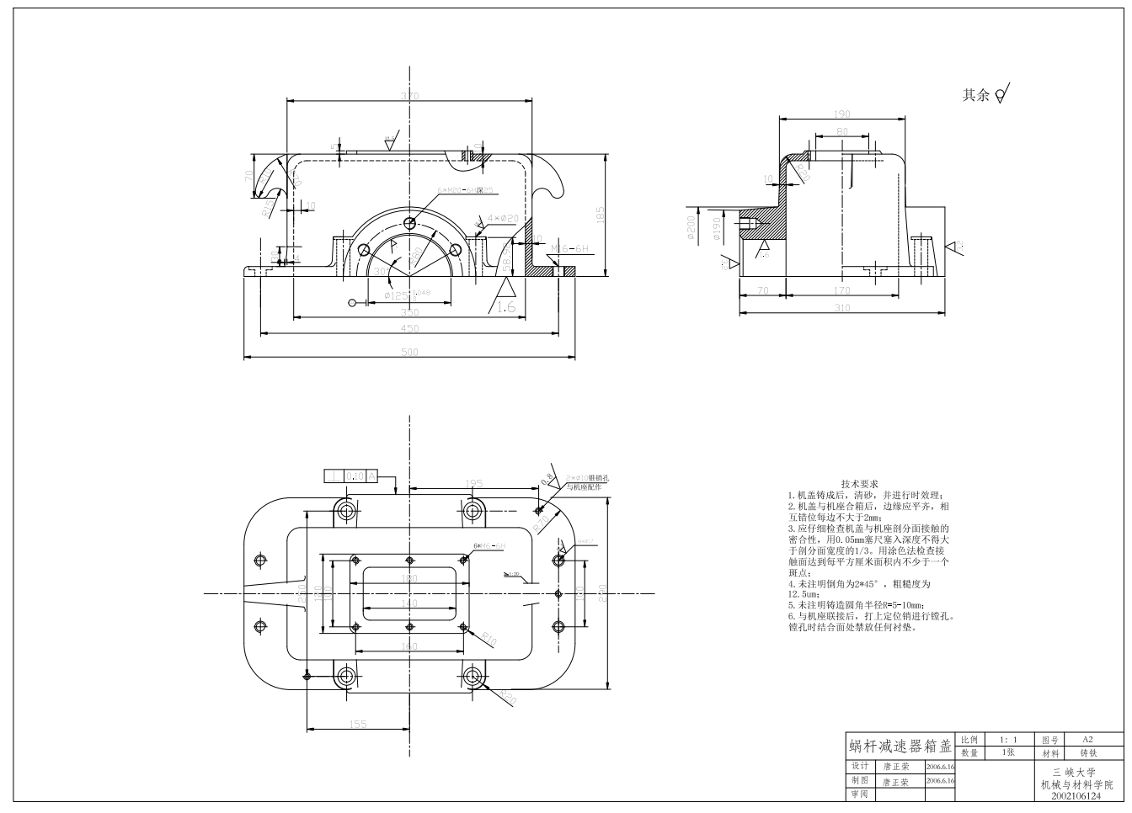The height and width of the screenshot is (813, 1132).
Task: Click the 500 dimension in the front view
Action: point(409,352)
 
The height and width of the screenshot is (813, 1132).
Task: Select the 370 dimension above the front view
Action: point(409,96)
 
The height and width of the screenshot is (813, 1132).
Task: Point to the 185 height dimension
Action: point(601,215)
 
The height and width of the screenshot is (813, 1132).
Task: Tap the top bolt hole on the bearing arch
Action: point(409,223)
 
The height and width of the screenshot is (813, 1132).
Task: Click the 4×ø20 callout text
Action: point(503,219)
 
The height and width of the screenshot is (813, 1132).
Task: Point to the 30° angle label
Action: point(382,271)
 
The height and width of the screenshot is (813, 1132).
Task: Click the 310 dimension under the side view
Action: point(842,308)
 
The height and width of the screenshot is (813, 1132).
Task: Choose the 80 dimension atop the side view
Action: point(842,131)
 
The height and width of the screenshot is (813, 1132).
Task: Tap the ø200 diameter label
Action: point(691,228)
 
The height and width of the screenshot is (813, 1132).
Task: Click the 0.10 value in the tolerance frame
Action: point(355,476)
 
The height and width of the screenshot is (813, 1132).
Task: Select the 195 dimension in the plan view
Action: point(474,483)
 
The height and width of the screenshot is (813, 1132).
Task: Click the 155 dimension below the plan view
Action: point(358,723)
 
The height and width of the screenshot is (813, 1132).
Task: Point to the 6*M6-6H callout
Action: point(489,545)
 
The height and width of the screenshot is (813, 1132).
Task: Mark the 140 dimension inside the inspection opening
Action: point(408,603)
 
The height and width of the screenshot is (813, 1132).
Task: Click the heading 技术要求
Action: point(859,484)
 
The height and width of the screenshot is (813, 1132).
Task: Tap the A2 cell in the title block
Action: point(1087,739)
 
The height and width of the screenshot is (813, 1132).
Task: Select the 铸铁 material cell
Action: point(1087,753)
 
